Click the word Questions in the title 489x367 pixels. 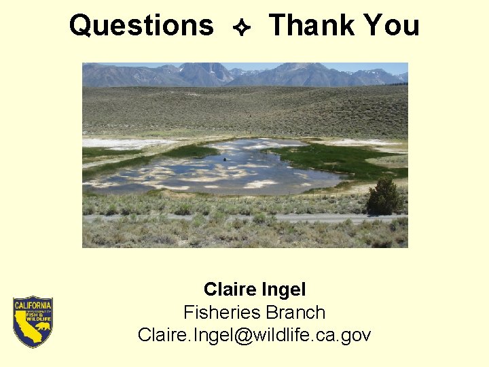[141, 26]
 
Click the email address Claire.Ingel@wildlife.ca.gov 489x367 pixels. [254, 335]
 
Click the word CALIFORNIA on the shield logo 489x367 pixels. [33, 305]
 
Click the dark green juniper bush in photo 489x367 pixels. [384, 197]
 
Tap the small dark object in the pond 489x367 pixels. [225, 160]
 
